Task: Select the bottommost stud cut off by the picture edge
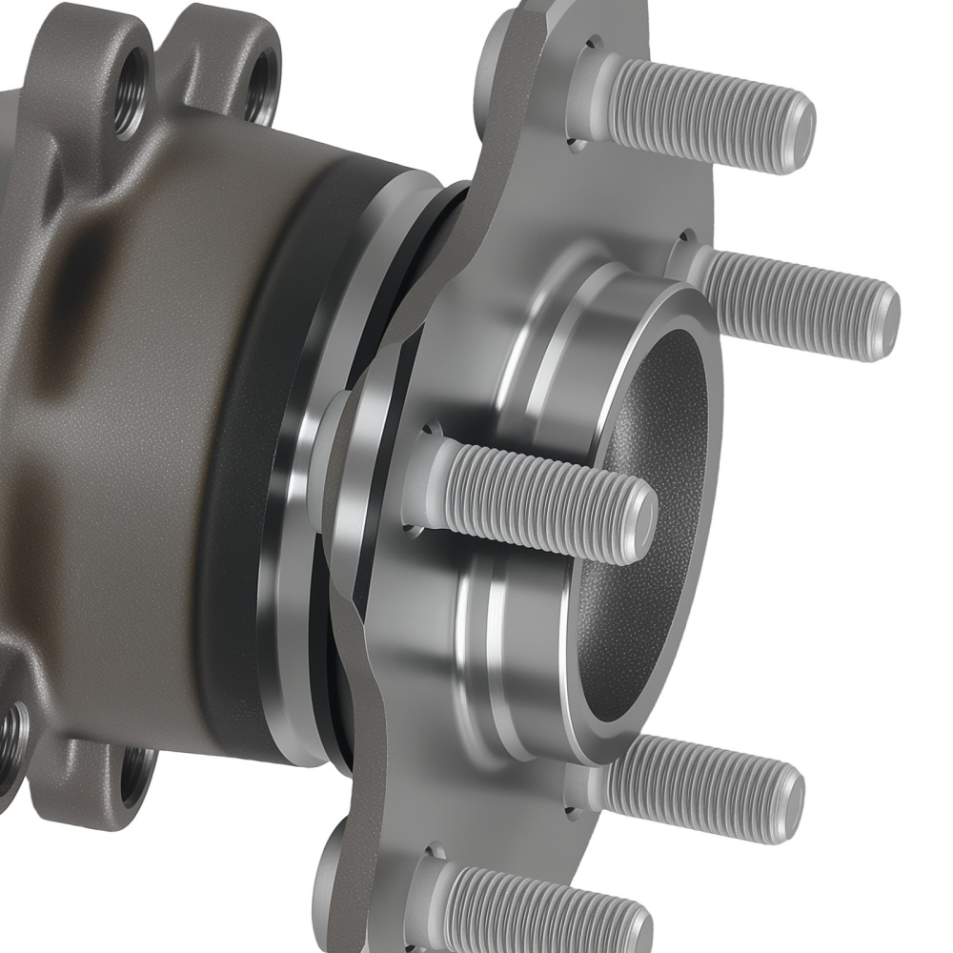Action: (x=543, y=905)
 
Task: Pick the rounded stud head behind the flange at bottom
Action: (x=334, y=867)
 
